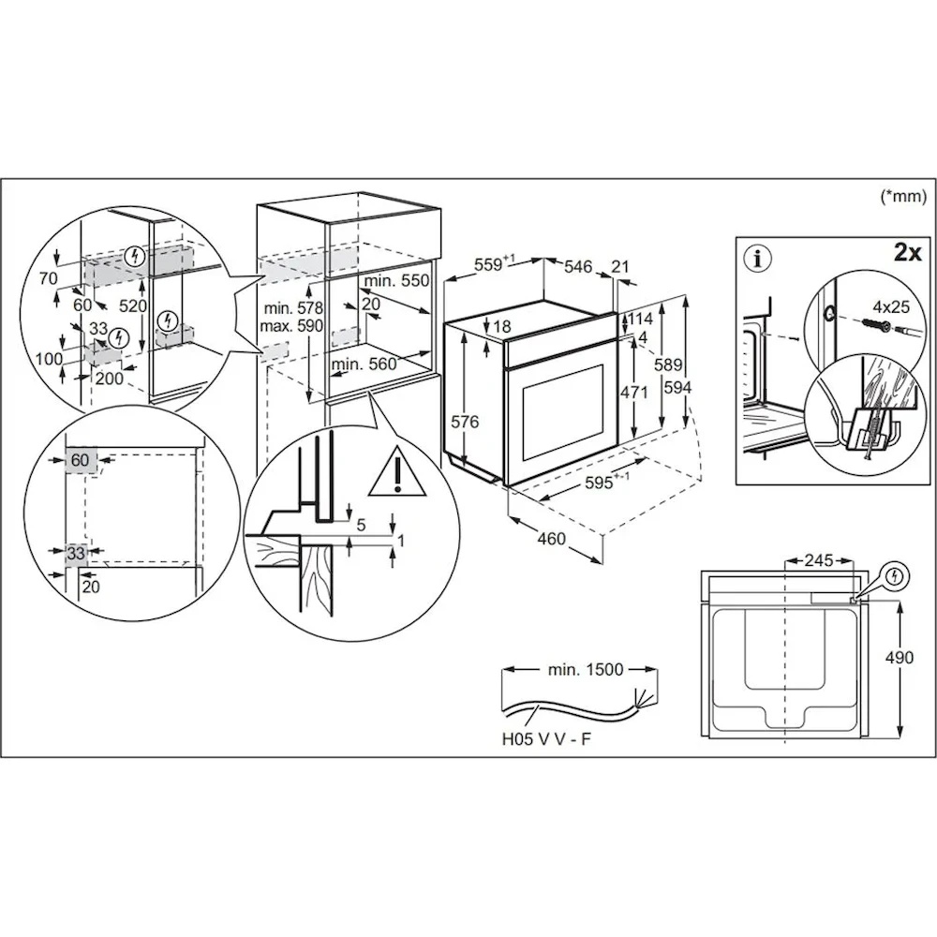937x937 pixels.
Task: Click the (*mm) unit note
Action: click(x=903, y=196)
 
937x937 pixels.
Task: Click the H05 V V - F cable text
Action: click(x=545, y=739)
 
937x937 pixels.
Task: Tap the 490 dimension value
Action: click(x=899, y=658)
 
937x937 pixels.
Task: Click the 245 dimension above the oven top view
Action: click(x=817, y=561)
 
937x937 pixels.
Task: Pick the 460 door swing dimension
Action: click(x=553, y=539)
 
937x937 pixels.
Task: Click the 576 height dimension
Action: click(x=465, y=422)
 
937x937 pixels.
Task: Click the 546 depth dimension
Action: click(x=577, y=268)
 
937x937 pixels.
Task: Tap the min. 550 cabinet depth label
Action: click(x=396, y=281)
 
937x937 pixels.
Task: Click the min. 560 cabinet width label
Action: click(x=364, y=364)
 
